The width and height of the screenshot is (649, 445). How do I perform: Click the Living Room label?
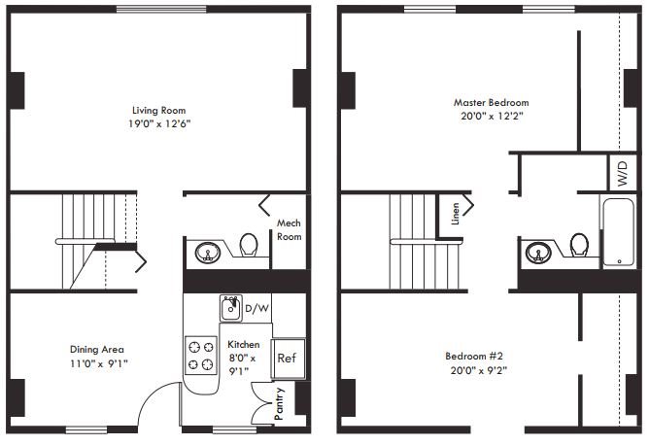159,110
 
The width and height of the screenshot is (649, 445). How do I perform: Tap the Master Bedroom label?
492,102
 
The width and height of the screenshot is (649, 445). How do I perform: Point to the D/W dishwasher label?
256,309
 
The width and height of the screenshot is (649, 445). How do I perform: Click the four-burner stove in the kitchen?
201,355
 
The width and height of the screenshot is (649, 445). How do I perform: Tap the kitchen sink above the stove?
231,308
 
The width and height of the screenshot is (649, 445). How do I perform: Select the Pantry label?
279,402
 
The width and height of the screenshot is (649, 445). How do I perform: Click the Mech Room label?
289,229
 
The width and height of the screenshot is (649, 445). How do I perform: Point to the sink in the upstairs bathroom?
538,254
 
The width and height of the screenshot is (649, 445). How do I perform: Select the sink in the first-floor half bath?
208,254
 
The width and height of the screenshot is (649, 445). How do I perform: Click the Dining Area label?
96,350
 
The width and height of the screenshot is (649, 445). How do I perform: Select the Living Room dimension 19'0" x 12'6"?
159,124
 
